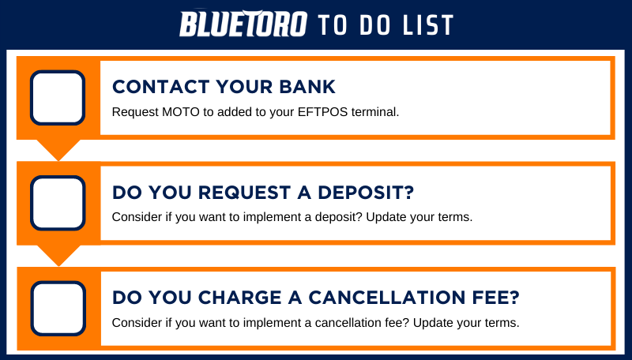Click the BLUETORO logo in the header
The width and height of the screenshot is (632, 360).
pyautogui.click(x=243, y=24)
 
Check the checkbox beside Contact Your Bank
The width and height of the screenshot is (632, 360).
pyautogui.click(x=58, y=98)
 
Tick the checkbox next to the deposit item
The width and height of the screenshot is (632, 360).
pyautogui.click(x=58, y=203)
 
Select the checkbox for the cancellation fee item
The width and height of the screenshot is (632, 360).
pyautogui.click(x=58, y=309)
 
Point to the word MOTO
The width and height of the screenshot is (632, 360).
pyautogui.click(x=181, y=112)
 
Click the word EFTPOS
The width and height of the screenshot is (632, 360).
pyautogui.click(x=322, y=112)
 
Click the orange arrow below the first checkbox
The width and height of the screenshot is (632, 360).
pyautogui.click(x=58, y=150)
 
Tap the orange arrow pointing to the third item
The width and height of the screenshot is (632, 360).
pyautogui.click(x=58, y=255)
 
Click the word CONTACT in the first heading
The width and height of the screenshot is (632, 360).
pyautogui.click(x=160, y=87)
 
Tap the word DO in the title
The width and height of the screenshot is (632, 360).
pyautogui.click(x=374, y=25)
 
